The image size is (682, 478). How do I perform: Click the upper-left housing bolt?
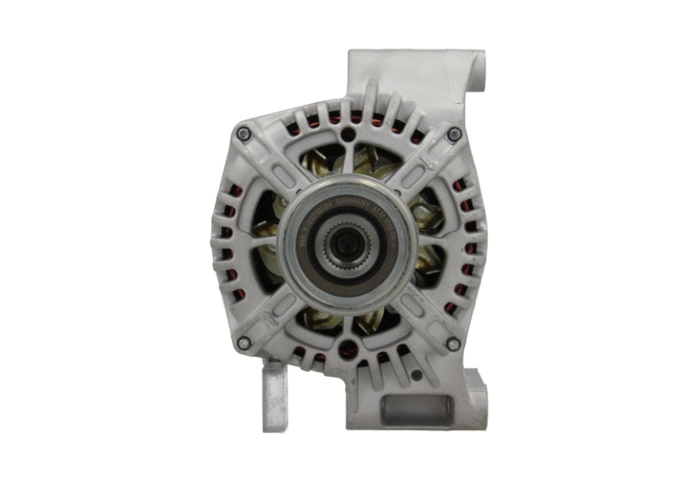[x=243, y=133]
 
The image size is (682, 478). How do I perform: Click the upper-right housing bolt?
[x=454, y=134]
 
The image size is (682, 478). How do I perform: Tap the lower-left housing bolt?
[x=244, y=343]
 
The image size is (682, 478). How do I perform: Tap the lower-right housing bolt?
[x=453, y=343]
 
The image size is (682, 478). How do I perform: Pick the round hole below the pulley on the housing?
[x=347, y=349]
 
